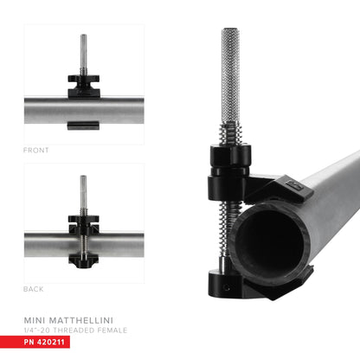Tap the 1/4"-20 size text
pos(39,331)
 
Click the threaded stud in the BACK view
pos(84,195)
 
